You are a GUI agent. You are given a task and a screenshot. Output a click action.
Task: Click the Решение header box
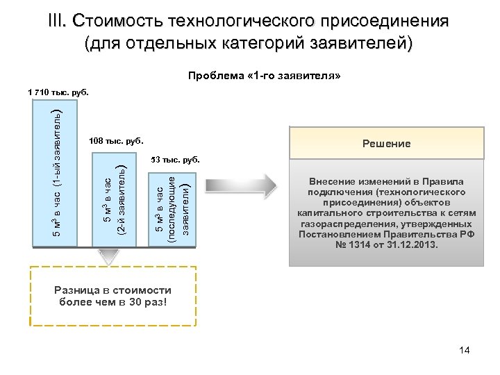coord(386,144)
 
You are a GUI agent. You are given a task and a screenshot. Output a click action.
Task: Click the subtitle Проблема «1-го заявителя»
coord(265,74)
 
